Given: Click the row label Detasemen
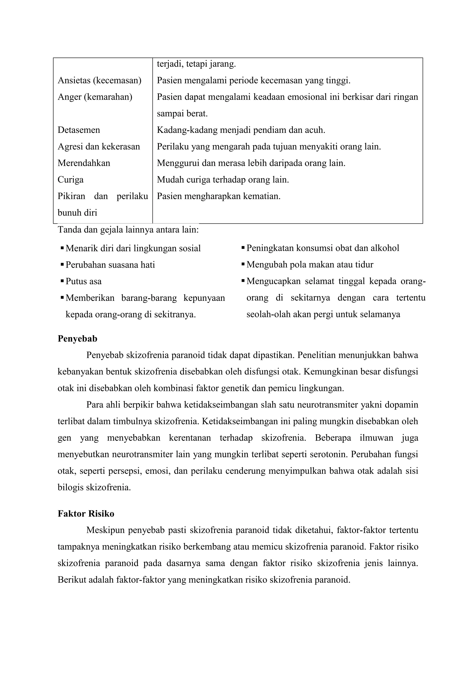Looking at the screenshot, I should tap(79, 130).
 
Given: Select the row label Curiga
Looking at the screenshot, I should tap(70, 179).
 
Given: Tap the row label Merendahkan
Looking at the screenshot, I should tap(84, 163).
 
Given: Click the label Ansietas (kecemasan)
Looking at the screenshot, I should tap(99, 80).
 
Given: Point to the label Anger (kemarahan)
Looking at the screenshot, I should tap(95, 97).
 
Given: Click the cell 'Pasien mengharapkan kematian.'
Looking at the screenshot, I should tap(218, 196).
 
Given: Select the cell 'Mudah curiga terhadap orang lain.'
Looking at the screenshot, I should tap(223, 179).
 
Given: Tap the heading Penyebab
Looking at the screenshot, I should tap(77, 338).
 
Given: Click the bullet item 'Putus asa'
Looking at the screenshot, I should tap(83, 281).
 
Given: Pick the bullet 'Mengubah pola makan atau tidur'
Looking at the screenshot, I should tap(310, 265).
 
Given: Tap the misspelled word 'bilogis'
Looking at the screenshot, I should tap(71, 487).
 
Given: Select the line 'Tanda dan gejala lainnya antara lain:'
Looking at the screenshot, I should tap(128, 230).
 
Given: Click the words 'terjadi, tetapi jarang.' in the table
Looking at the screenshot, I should tap(196, 64).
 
